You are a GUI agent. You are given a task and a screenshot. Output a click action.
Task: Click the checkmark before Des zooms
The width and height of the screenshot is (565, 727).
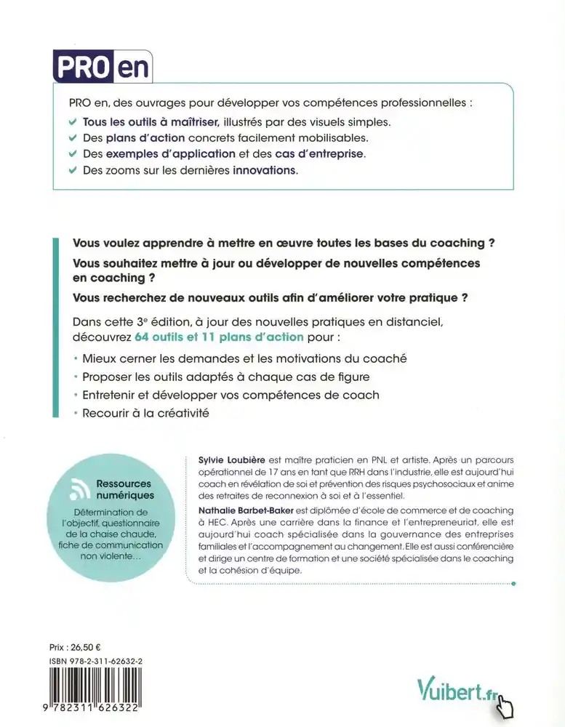(x=72, y=171)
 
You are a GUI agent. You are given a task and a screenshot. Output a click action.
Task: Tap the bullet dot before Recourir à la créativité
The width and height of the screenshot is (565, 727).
(x=76, y=414)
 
